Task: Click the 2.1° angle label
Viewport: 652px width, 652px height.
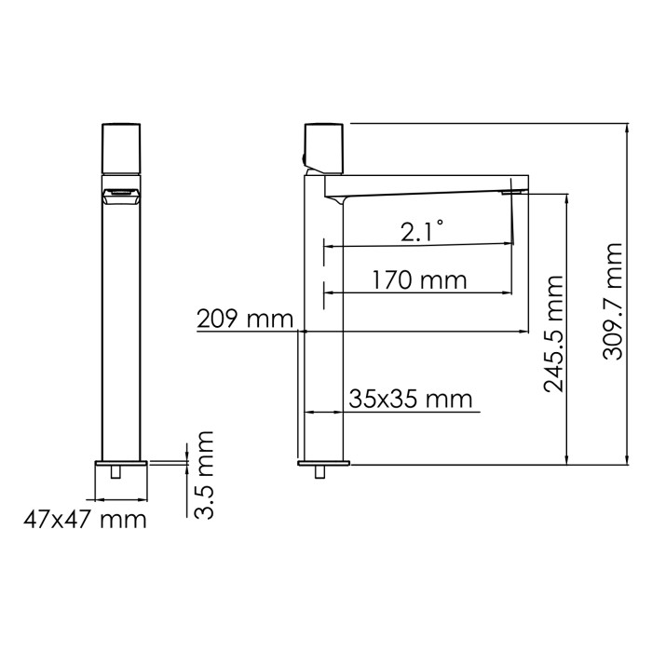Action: click(x=422, y=231)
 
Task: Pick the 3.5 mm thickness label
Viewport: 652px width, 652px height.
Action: click(x=205, y=474)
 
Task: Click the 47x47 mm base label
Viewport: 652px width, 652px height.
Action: click(x=85, y=519)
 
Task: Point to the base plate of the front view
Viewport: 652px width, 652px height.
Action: click(x=121, y=463)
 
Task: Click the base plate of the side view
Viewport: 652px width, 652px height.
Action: click(x=324, y=463)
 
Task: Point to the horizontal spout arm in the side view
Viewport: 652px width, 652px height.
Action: click(x=428, y=186)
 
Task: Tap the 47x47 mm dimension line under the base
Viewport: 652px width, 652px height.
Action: click(x=121, y=497)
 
